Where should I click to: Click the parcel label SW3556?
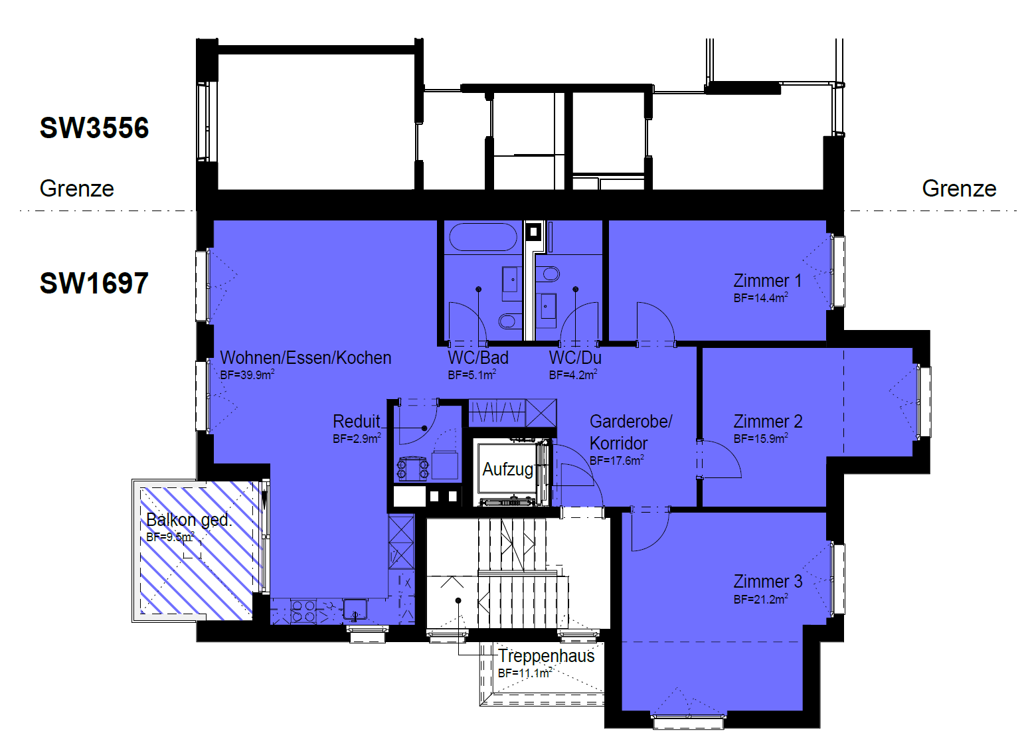[x=94, y=127]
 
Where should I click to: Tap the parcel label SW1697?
[x=94, y=283]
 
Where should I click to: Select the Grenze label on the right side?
[x=959, y=189]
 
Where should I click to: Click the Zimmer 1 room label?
[x=767, y=281]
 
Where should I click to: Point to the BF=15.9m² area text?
[x=761, y=439]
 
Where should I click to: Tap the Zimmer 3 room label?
[x=768, y=582]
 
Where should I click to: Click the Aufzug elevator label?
[x=507, y=469]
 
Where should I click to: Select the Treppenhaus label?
[x=546, y=656]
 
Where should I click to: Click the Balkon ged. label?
[x=189, y=520]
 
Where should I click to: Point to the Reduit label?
[x=357, y=421]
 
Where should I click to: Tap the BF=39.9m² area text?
[x=247, y=375]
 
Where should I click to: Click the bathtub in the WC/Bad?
[x=483, y=237]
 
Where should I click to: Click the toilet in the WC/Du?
[x=551, y=274]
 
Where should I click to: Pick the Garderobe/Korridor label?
[x=631, y=432]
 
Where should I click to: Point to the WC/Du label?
[x=575, y=357]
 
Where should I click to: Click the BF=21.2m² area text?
[x=761, y=600]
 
